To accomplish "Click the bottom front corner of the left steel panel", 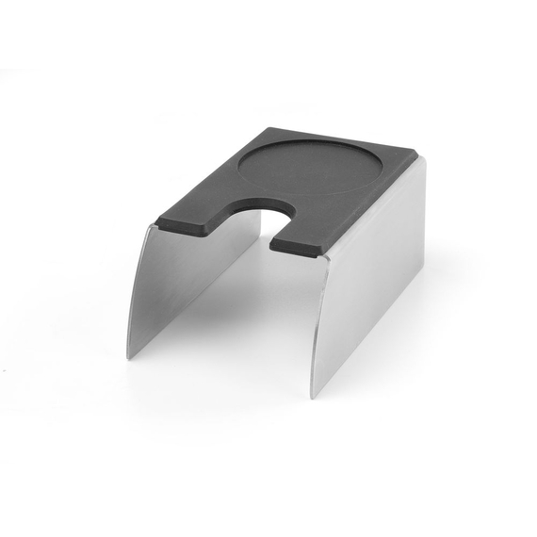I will pyautogui.click(x=128, y=359).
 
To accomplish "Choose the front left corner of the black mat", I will pyautogui.click(x=155, y=222).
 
